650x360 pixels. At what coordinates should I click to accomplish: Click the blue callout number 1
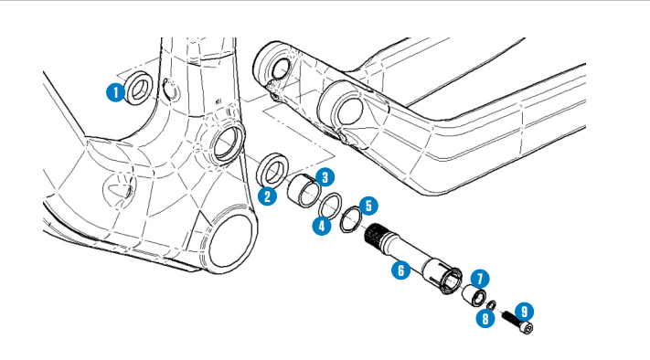tap(116, 92)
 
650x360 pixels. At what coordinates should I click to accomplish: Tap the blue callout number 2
tap(267, 196)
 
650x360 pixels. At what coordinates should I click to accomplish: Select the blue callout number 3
tap(325, 177)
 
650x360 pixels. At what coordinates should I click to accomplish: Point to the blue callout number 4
tap(322, 226)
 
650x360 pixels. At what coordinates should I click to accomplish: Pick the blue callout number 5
tap(368, 206)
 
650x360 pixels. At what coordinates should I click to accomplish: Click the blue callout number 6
tap(400, 270)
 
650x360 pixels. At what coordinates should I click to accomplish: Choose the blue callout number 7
tap(480, 279)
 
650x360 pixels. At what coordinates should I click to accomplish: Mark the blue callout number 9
tap(525, 312)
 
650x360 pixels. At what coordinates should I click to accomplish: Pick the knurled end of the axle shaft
tap(375, 235)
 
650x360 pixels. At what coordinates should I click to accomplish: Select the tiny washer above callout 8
tap(491, 306)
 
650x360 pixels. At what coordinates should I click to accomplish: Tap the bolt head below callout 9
tap(527, 328)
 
